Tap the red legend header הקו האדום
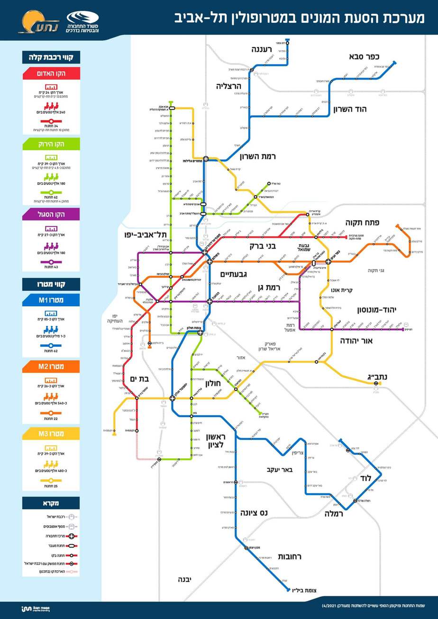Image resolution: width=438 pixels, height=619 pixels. coord(51,74)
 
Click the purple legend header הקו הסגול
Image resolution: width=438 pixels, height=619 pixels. coord(51,215)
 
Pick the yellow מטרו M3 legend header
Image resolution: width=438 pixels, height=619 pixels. coord(51,434)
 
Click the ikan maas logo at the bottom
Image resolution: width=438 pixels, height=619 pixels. coord(36,609)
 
